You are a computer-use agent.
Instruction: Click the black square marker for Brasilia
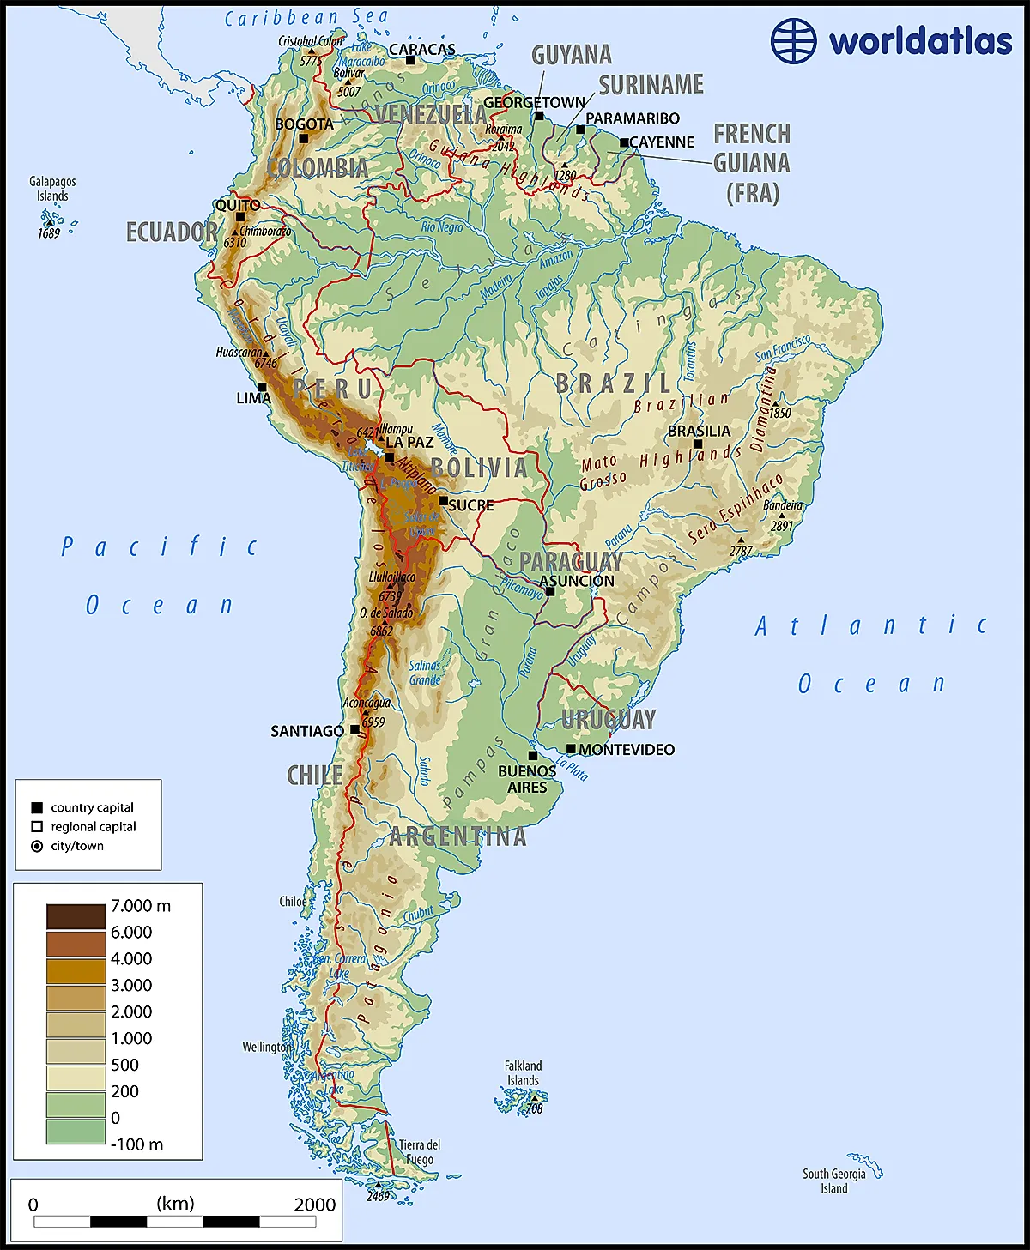(698, 444)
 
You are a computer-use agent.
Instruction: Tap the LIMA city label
(253, 398)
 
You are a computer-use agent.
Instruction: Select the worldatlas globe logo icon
(793, 40)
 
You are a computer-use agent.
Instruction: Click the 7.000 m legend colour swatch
(76, 916)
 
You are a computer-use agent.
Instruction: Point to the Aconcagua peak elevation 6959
(373, 722)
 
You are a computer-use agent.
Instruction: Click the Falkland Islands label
(523, 1073)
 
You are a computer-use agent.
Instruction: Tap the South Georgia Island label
(833, 1181)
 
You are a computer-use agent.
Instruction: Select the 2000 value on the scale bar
(314, 1205)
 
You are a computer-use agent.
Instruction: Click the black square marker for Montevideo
(571, 749)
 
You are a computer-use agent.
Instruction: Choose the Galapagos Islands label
(52, 189)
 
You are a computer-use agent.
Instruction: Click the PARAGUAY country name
(571, 562)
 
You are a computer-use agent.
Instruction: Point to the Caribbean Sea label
(306, 17)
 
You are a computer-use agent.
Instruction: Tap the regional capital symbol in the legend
(37, 827)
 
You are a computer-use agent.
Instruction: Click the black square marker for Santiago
(354, 730)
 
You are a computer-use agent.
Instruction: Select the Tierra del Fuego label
(419, 1152)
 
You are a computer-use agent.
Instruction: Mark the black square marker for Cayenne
(624, 142)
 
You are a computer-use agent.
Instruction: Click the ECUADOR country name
(172, 232)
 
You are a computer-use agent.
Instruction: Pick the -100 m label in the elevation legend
(136, 1144)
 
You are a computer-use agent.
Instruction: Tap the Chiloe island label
(293, 902)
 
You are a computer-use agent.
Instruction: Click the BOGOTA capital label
(304, 124)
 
